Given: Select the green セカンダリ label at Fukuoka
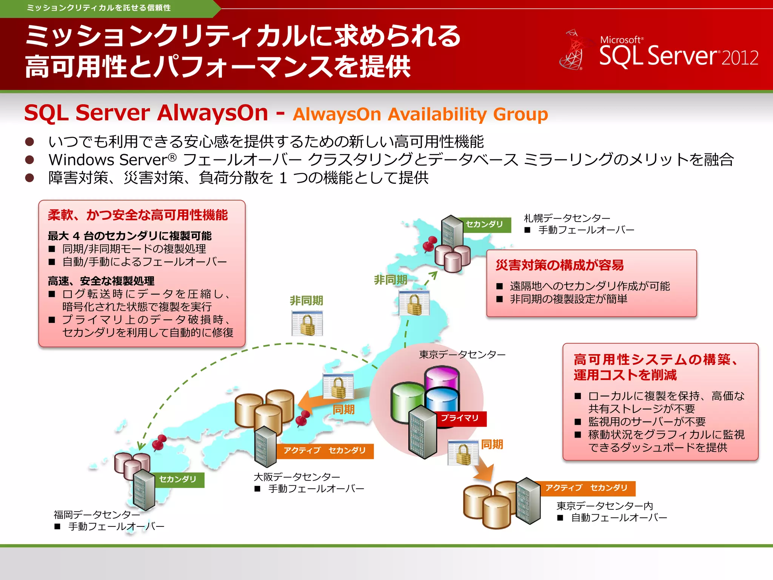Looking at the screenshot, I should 178,480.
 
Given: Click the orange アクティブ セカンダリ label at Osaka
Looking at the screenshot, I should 325,451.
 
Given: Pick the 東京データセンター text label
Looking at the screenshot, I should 462,355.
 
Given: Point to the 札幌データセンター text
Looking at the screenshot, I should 567,218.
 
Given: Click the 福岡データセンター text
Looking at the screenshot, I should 97,515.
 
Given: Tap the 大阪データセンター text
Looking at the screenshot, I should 297,477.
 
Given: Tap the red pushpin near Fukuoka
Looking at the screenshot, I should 159,443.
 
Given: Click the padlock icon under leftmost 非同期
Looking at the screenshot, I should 307,324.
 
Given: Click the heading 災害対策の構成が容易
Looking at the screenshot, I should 559,265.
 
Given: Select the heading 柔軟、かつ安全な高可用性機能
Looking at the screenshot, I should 138,215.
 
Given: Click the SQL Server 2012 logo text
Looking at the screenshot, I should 678,56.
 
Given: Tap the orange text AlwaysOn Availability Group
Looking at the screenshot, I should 420,114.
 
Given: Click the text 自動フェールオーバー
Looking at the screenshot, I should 619,518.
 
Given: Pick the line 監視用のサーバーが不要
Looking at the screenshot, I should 647,422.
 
